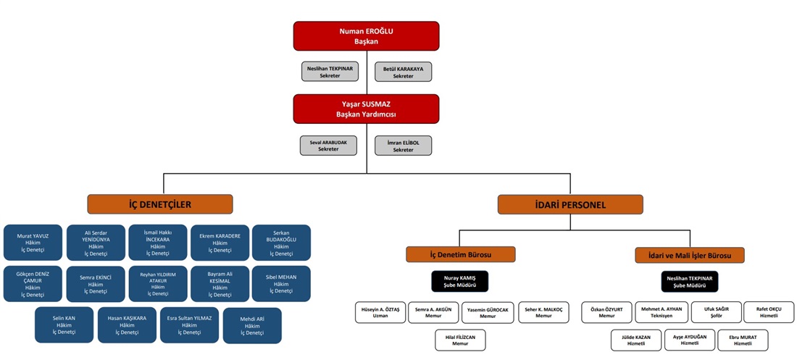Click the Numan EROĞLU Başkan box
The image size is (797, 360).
(x=366, y=36)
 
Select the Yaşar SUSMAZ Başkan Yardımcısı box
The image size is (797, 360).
(x=366, y=109)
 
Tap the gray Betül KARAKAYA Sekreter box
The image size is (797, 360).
(x=403, y=72)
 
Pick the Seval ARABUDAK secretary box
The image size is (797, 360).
(x=328, y=145)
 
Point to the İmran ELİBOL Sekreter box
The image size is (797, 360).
(x=403, y=145)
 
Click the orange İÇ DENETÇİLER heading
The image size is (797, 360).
(x=160, y=204)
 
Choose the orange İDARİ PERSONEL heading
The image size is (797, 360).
(x=571, y=204)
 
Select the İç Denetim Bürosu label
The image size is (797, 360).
(x=461, y=254)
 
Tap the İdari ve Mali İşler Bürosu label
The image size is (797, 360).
(x=689, y=255)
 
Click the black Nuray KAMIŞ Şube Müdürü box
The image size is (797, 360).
(x=460, y=281)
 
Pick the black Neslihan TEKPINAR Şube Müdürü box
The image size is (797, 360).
(x=689, y=281)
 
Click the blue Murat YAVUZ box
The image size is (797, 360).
(x=33, y=243)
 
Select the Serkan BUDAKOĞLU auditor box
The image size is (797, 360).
(x=281, y=243)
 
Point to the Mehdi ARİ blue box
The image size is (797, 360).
(x=252, y=325)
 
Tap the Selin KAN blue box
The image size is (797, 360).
(x=64, y=325)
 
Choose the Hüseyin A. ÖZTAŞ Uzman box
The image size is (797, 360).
(x=380, y=312)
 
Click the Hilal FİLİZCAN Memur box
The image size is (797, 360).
(x=460, y=340)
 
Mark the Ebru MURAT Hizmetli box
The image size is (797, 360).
(x=743, y=340)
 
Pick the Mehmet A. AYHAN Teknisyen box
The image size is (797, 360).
(x=662, y=312)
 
